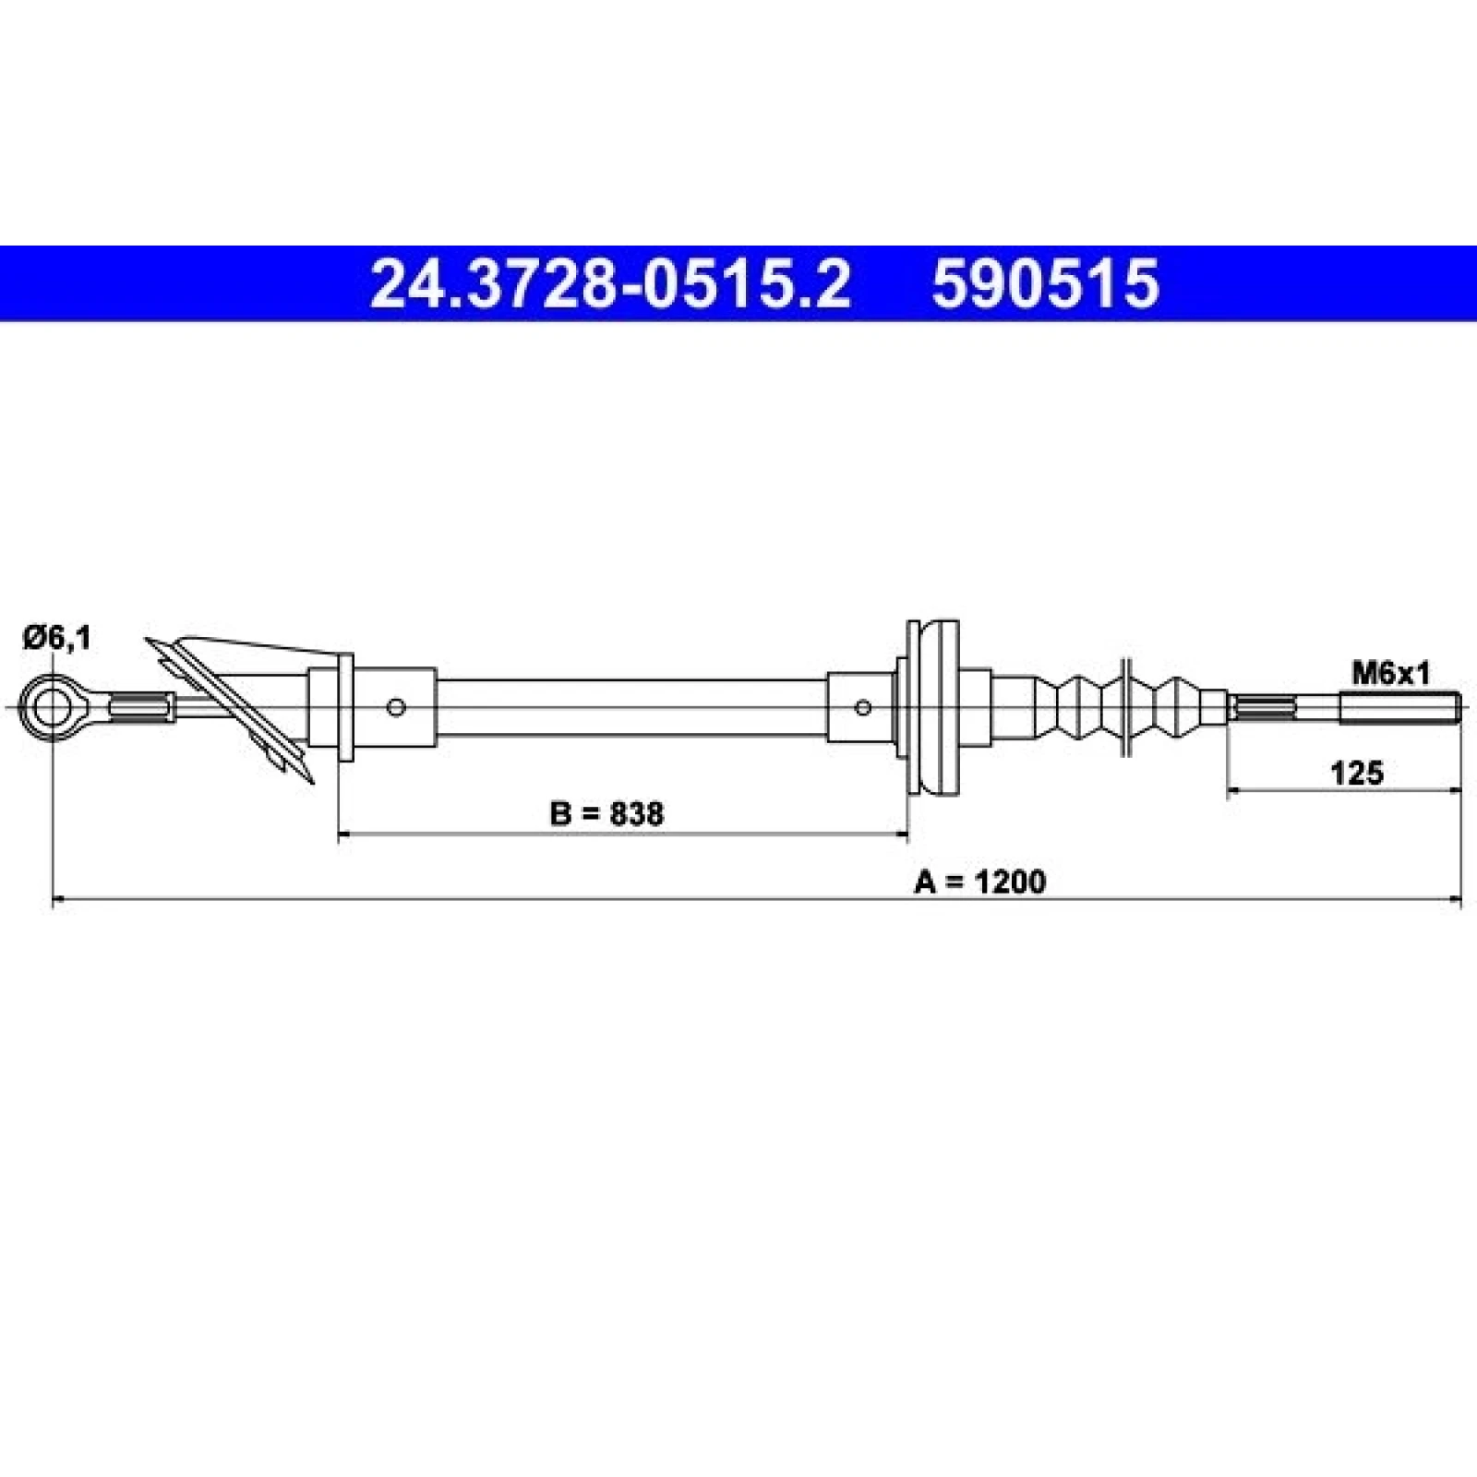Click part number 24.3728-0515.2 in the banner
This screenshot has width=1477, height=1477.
[609, 283]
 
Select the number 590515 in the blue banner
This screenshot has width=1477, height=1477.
[1045, 283]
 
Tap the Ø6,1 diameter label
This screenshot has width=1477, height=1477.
[58, 637]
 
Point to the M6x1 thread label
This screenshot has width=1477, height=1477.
[1390, 675]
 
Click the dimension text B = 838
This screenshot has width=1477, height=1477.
[606, 813]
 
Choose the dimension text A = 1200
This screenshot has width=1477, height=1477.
[980, 882]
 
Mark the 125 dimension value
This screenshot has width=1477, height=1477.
[1357, 772]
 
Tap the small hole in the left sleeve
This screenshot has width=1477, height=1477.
[397, 708]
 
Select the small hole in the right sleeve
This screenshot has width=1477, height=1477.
[863, 708]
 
